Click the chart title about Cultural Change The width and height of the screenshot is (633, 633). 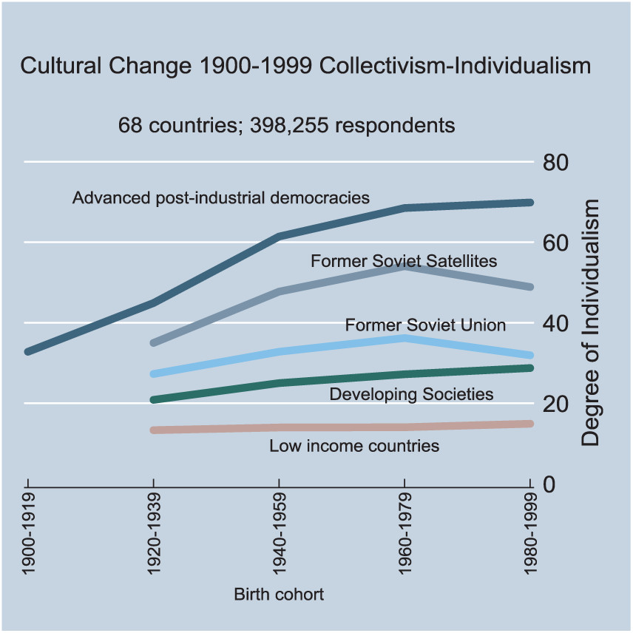pos(305,66)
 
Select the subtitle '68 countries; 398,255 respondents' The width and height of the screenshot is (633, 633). pos(287,125)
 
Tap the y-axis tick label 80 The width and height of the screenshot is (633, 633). pos(556,162)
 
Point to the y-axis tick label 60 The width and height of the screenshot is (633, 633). pos(556,243)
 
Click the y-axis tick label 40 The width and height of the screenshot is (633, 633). pos(556,323)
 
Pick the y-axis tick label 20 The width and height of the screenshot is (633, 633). pos(556,404)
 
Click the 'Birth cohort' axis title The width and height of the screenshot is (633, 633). pos(279,594)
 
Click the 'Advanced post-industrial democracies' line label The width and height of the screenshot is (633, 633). pos(221,198)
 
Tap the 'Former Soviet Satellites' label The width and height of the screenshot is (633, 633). pos(404,261)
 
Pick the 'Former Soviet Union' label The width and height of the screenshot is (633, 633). pos(425,325)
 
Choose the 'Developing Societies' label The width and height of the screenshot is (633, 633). pos(411,394)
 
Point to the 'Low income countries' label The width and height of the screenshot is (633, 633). pos(354,446)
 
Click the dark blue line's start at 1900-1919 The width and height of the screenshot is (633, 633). pos(28,351)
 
